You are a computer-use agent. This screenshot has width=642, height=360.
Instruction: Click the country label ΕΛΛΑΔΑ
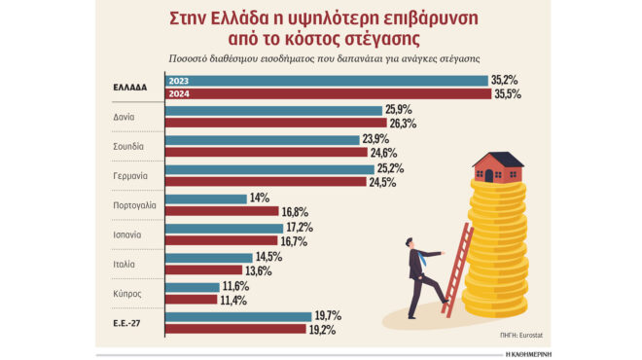coord(129,87)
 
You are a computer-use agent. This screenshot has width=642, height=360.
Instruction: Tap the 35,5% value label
coord(507,94)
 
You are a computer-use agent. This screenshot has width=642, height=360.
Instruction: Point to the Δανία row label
coord(123,117)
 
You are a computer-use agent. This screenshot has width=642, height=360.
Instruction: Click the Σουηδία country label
coord(128,146)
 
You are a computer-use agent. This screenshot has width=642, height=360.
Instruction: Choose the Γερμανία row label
coord(130,176)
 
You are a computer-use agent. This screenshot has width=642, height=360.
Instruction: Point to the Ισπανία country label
coord(127,234)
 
